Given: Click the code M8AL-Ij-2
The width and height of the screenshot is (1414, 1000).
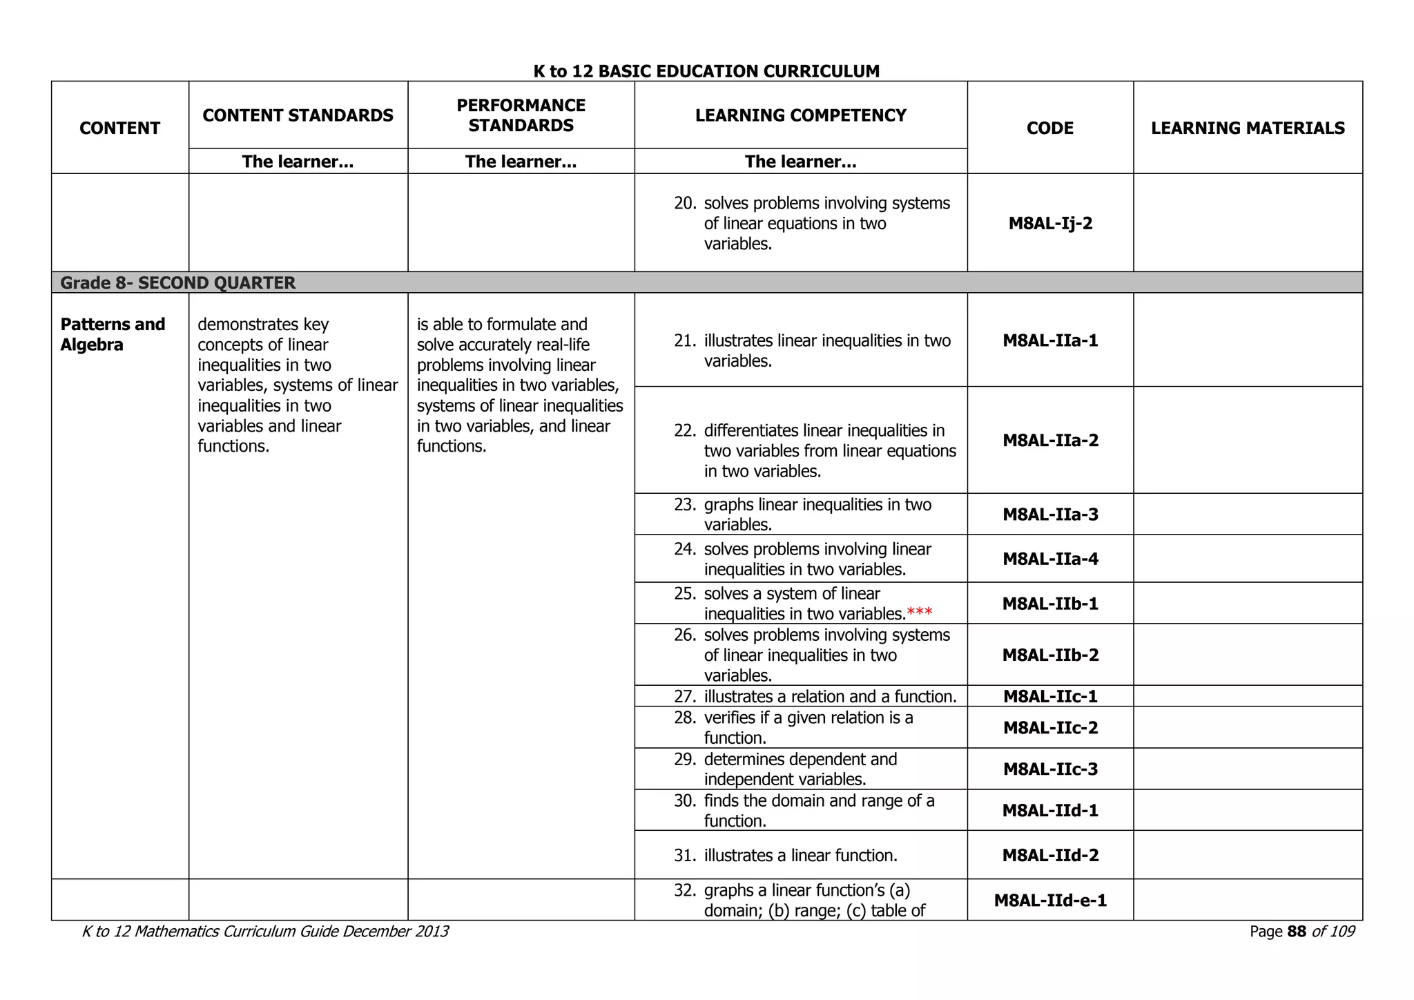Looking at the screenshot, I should [x=1050, y=223].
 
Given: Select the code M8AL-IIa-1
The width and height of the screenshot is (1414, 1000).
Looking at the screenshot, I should [x=1050, y=340].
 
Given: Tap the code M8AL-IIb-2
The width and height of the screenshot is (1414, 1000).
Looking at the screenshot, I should [x=1050, y=655].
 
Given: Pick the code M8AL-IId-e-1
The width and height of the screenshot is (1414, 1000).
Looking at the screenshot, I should [x=1050, y=900].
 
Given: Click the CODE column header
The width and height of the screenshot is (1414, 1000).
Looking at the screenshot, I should [x=1049, y=128].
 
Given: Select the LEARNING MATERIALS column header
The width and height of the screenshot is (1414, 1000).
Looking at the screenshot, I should [x=1248, y=128].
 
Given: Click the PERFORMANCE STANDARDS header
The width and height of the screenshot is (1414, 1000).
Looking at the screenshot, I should [x=521, y=115].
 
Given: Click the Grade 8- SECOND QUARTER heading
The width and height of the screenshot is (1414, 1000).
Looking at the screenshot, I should [x=178, y=282].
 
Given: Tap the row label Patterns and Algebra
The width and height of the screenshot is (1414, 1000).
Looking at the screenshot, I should [x=113, y=334].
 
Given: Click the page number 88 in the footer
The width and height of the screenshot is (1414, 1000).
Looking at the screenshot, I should [x=1297, y=932].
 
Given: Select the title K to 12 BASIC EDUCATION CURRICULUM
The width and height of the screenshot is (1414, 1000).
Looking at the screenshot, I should [x=706, y=71].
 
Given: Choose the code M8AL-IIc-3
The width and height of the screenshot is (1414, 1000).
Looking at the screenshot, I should [x=1050, y=769].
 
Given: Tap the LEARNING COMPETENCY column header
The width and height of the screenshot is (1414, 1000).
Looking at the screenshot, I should [x=800, y=115].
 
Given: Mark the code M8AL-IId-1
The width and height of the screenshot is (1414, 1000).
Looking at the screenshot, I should [x=1050, y=810].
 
